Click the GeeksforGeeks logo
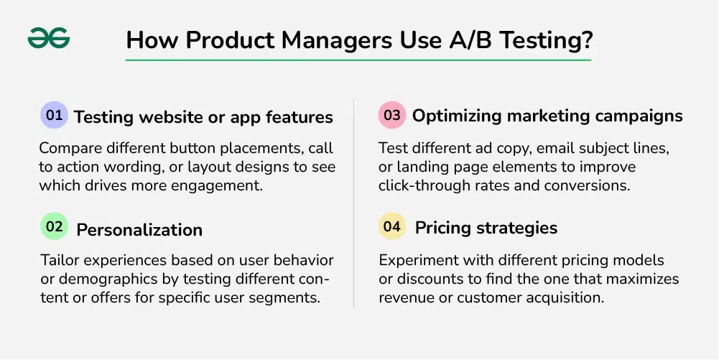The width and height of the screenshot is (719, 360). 49,38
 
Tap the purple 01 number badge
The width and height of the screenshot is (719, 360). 54,115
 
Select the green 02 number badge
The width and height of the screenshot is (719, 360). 54,226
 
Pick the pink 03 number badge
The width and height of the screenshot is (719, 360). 392,115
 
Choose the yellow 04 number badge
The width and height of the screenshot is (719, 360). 392,226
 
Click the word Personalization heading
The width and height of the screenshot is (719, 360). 139,230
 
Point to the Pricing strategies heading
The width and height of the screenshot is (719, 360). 486,228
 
